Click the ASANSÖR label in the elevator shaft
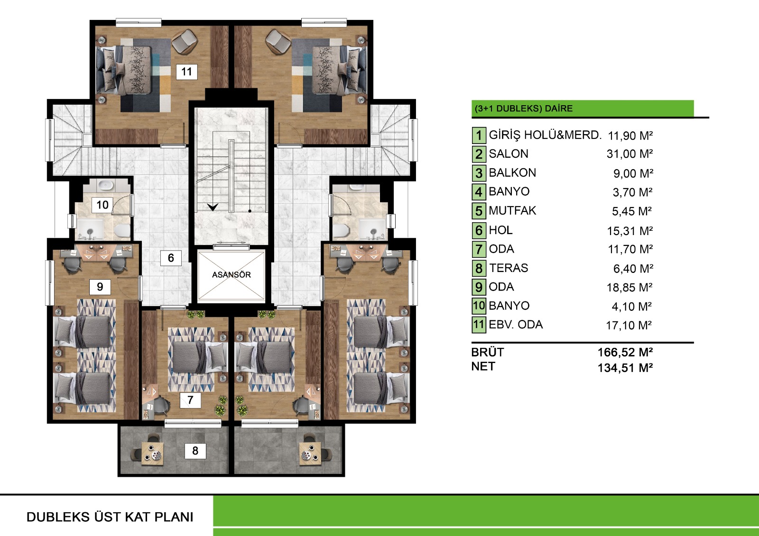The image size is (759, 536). (x=231, y=274)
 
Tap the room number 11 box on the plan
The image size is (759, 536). (x=187, y=72)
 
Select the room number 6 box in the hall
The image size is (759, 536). (x=171, y=258)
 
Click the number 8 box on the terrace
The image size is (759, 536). (x=195, y=451)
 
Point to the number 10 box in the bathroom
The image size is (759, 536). (x=102, y=205)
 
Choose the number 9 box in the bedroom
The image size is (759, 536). (x=100, y=287)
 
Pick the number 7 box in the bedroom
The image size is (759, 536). (x=190, y=400)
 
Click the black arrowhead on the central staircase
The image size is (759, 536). (x=213, y=207)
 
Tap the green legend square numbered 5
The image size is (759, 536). (x=479, y=210)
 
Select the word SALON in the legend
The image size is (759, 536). (x=509, y=154)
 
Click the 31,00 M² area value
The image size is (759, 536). (x=630, y=154)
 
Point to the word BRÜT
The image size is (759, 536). (x=488, y=352)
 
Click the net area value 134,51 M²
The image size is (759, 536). (x=625, y=368)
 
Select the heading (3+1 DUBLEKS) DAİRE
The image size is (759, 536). (x=524, y=109)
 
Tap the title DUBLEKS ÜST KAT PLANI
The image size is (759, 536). (x=110, y=517)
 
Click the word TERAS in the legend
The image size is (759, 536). (x=509, y=268)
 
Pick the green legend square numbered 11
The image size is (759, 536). (x=479, y=324)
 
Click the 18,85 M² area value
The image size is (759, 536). (x=629, y=288)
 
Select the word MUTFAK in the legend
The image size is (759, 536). (x=513, y=210)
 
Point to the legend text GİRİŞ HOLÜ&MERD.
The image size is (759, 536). (x=545, y=135)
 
